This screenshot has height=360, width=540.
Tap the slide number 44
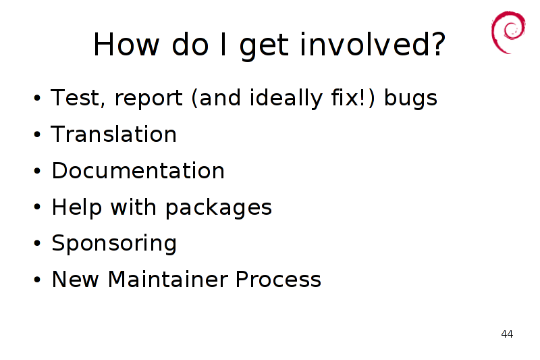tap(507, 334)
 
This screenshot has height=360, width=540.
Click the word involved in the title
tap(373, 45)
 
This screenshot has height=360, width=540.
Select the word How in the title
tap(126, 45)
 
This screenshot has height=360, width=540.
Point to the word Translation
tap(113, 134)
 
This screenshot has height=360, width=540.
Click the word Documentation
tap(138, 170)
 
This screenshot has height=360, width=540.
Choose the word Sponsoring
tap(114, 243)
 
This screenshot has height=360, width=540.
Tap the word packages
tap(219, 208)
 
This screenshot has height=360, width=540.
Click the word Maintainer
tap(167, 279)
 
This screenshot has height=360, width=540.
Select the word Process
tap(278, 279)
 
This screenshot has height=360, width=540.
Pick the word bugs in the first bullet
tap(410, 98)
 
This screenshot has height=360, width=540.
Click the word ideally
tap(286, 98)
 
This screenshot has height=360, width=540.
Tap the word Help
tap(77, 207)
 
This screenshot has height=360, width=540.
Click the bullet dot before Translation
tap(37, 134)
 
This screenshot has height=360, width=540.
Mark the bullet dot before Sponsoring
tap(37, 243)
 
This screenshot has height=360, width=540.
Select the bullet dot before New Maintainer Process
tap(37, 280)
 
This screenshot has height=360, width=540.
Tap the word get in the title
tap(264, 46)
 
